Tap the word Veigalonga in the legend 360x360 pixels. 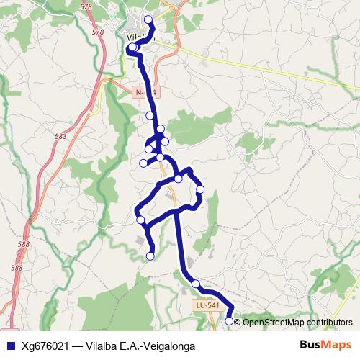coord(168,346)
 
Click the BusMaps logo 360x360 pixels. coord(325,345)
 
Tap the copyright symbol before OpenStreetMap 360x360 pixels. coord(238,322)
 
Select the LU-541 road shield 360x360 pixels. coord(207,306)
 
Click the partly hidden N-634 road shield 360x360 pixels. coord(145,91)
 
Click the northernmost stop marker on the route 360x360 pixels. coord(148,19)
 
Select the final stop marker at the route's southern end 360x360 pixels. coord(230,321)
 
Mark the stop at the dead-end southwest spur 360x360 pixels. coord(150,256)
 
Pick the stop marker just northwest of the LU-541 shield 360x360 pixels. coord(196,284)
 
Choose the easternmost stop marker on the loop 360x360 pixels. coord(201,189)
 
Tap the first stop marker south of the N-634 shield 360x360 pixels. coord(150,115)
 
